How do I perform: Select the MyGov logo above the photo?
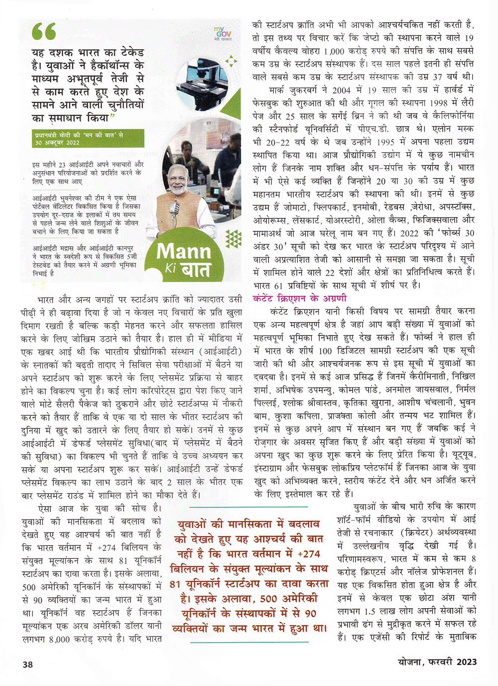coord(220,33)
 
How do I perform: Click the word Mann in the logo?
coord(184,251)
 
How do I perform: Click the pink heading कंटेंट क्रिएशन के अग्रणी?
coord(300,298)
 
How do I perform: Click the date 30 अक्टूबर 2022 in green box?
coord(57,142)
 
